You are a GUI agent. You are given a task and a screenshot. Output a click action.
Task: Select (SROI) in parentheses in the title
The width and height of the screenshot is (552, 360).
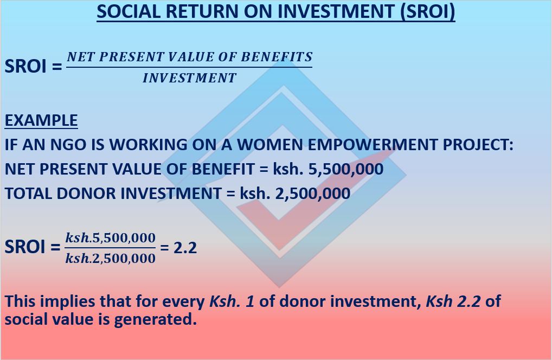coord(427,12)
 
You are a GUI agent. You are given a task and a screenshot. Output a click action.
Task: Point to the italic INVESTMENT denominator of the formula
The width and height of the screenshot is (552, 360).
coord(189,78)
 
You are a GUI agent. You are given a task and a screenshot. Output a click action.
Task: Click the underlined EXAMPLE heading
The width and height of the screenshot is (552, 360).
coord(41,120)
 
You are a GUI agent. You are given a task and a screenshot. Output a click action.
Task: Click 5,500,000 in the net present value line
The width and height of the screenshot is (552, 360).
coord(346,169)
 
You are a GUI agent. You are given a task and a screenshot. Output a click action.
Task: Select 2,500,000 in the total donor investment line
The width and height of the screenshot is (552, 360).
coord(313,194)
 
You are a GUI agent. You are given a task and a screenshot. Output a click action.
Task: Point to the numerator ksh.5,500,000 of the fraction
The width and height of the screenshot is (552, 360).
coord(110,238)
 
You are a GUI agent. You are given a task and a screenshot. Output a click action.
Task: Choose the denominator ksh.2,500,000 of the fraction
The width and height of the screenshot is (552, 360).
coord(110,258)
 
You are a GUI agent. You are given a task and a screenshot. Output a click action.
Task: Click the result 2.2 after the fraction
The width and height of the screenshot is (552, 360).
coord(185,248)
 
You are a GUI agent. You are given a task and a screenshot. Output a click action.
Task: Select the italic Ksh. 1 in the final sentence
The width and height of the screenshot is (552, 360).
coord(232,301)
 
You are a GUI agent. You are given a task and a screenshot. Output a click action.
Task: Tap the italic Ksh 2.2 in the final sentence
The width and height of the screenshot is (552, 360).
coord(453,301)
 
